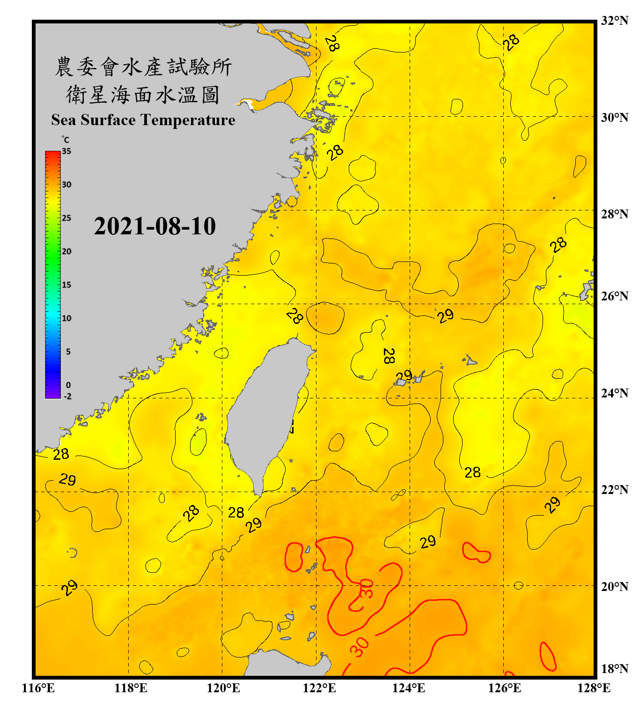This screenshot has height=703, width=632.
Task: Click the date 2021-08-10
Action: click(154, 226)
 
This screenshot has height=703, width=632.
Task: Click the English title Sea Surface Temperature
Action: click(143, 120)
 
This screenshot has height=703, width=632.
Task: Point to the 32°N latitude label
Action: click(615, 21)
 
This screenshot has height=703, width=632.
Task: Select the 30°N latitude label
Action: click(615, 118)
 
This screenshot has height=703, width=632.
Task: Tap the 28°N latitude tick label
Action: click(615, 214)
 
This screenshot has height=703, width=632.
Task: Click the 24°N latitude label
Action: click(615, 393)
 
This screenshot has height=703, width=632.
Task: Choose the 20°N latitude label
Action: click(615, 586)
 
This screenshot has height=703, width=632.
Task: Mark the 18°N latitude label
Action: click(615, 668)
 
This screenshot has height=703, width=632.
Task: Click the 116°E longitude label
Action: click(38, 688)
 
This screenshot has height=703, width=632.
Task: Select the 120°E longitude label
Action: click(223, 688)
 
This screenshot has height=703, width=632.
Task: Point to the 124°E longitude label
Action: click(409, 688)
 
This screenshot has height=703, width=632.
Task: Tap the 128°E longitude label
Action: click(594, 688)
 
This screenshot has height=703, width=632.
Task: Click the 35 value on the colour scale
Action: click(66, 151)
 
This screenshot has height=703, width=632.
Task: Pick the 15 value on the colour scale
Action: click(66, 284)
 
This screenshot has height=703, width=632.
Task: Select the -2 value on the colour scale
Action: click(67, 396)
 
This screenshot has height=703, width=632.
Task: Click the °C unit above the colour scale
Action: click(66, 140)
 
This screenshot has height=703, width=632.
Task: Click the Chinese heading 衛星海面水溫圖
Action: click(143, 95)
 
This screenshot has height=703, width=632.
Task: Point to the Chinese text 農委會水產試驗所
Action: click(143, 67)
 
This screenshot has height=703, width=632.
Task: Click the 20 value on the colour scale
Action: click(66, 251)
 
